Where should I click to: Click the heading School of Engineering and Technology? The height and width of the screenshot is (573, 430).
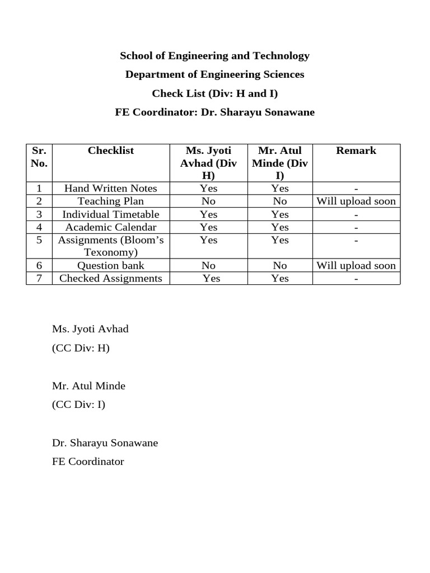click(x=214, y=56)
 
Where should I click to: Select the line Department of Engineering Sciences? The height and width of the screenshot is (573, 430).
click(x=214, y=74)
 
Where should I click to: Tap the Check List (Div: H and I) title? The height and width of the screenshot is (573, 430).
click(x=214, y=93)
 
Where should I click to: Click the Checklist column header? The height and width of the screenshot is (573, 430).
click(x=111, y=151)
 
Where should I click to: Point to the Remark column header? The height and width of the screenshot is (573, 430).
click(x=356, y=151)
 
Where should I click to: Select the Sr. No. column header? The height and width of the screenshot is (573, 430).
click(x=39, y=157)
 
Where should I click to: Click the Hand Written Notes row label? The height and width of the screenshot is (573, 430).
click(x=111, y=189)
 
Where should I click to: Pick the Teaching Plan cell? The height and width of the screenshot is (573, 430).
click(x=111, y=201)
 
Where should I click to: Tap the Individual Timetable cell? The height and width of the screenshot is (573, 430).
click(x=111, y=214)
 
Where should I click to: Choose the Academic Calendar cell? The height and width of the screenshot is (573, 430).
click(x=111, y=227)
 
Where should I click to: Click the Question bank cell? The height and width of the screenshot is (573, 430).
click(x=111, y=266)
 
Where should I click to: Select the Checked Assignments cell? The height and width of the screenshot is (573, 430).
click(x=111, y=279)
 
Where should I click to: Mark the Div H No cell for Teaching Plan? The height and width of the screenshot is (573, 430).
click(x=208, y=201)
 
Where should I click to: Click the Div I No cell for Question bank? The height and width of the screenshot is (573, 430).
click(x=280, y=266)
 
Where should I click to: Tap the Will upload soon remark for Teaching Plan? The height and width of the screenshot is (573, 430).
click(x=356, y=201)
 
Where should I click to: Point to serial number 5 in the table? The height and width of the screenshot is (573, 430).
click(x=39, y=240)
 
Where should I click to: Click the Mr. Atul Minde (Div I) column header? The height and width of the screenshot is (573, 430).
click(x=280, y=163)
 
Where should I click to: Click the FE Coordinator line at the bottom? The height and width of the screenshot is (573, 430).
click(x=88, y=462)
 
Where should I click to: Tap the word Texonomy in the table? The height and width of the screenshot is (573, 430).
click(x=111, y=252)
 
